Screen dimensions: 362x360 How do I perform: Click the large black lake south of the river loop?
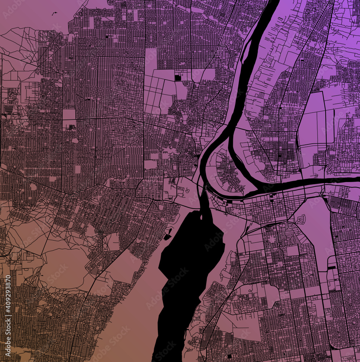188,261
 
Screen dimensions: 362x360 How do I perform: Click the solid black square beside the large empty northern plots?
177,77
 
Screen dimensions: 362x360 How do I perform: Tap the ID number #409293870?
8,297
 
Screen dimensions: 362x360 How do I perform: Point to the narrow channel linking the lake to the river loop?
205,203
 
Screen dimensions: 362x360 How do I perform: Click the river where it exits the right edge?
357,179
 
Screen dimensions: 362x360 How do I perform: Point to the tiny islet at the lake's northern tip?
200,218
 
